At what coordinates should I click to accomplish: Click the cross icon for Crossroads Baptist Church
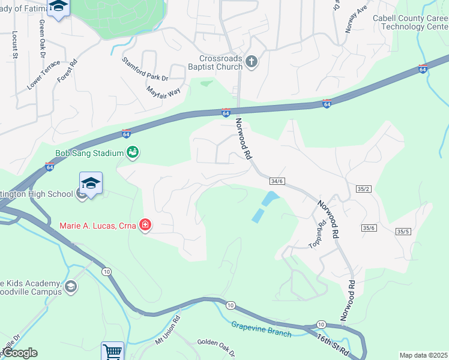click(252, 61)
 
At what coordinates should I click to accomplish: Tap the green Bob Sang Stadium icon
click(133, 153)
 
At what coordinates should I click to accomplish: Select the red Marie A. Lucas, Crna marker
click(145, 226)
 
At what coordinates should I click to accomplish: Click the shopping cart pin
click(112, 351)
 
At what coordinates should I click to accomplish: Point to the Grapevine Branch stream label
click(261, 329)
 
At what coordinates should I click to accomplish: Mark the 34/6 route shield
click(277, 181)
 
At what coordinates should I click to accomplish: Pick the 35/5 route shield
click(403, 232)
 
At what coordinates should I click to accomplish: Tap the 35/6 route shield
click(369, 227)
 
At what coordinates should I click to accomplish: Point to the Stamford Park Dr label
click(145, 68)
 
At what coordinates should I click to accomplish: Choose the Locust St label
click(14, 44)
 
